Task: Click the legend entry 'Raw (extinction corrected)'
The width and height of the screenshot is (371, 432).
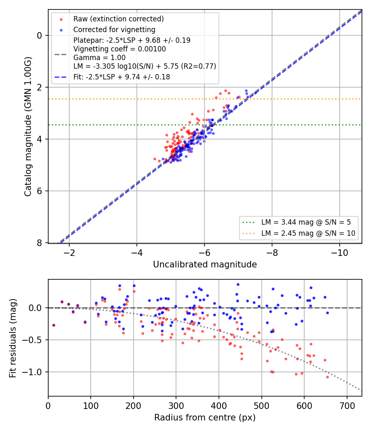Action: [118, 19]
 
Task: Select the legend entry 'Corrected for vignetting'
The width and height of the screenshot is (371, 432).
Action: [114, 30]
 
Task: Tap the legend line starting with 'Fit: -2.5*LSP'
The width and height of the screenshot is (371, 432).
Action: [122, 77]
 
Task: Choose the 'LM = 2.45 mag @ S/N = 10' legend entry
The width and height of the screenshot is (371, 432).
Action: [308, 233]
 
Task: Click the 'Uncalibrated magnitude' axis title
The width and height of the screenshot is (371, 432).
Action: [205, 265]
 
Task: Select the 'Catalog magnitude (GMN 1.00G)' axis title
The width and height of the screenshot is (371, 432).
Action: [28, 126]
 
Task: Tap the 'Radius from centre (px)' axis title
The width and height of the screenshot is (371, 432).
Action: [205, 418]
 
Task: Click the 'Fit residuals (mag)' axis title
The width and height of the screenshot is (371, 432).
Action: [13, 338]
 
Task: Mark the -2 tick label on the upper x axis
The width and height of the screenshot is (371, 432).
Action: [69, 253]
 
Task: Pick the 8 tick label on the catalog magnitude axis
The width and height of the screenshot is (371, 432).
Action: [40, 243]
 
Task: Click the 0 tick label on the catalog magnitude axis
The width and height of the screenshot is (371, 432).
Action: [40, 35]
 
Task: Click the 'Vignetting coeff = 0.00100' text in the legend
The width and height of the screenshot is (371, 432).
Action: [120, 49]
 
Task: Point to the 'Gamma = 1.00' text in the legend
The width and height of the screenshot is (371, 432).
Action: [99, 58]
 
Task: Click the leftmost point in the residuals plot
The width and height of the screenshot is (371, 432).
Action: [54, 325]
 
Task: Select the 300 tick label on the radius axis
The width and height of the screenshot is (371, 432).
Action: [176, 406]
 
